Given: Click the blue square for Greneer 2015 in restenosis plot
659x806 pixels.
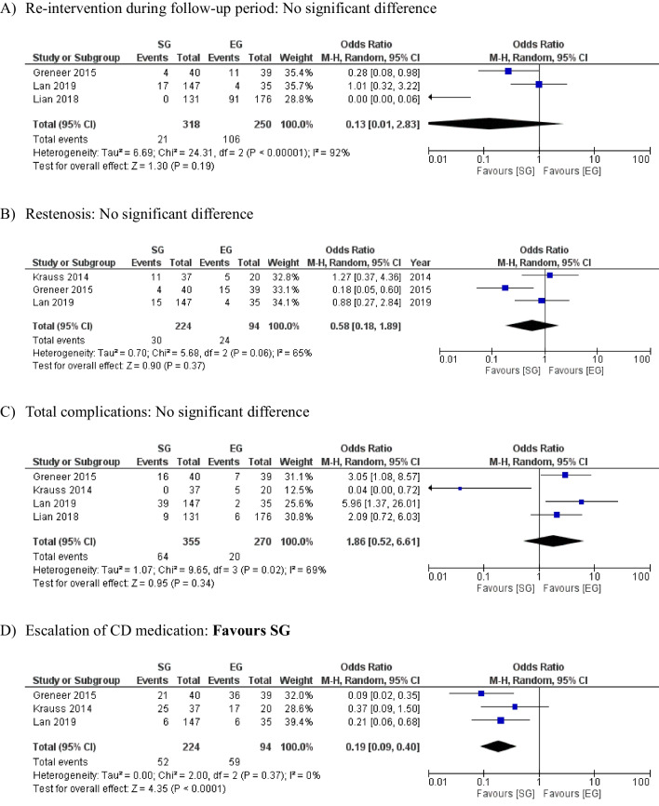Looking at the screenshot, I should point(504,288).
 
